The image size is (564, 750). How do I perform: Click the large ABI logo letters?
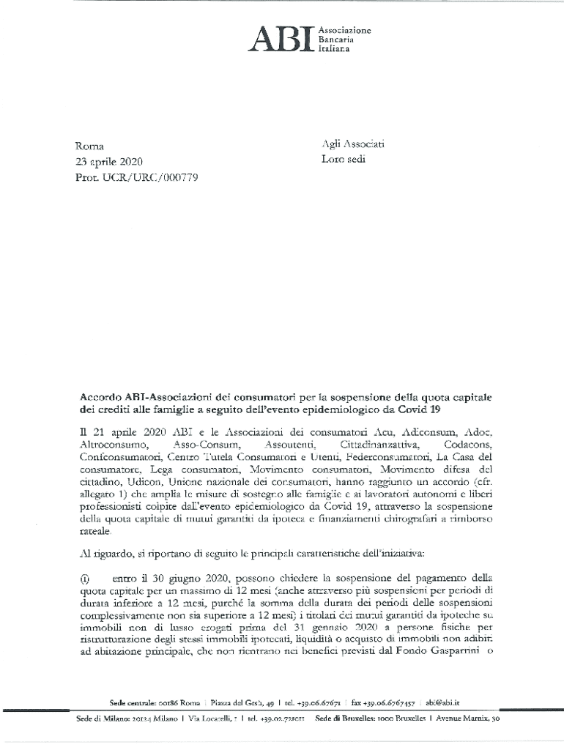[281, 40]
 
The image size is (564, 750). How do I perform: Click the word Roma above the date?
[90, 146]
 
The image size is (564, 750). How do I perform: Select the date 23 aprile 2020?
[110, 161]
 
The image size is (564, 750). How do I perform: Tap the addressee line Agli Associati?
[353, 144]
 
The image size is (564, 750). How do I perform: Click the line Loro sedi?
[344, 159]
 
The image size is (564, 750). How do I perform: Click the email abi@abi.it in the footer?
[453, 702]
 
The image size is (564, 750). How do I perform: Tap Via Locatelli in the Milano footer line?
[209, 720]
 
